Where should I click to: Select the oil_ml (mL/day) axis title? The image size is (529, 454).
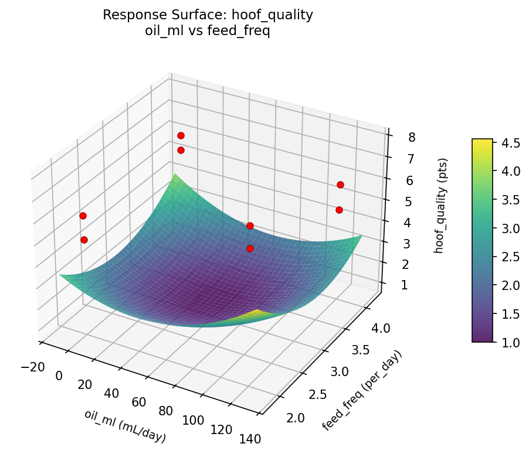(125, 426)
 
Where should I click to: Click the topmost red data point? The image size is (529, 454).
(181, 136)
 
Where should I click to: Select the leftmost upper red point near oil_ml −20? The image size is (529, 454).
(83, 216)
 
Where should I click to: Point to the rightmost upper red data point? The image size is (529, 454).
(340, 185)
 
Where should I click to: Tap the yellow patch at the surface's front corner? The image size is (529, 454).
(258, 313)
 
